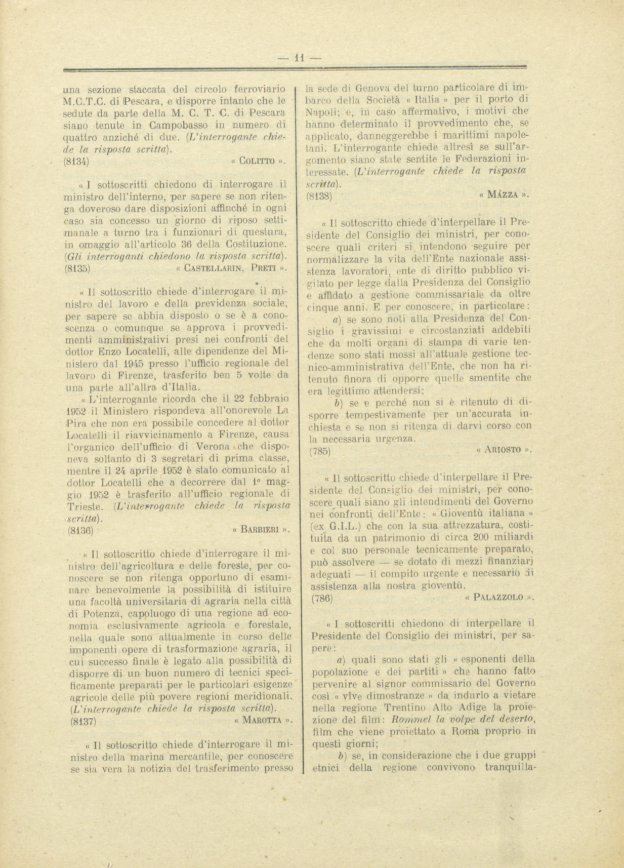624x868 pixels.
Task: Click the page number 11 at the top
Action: (300, 58)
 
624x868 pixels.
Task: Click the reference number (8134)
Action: (77, 162)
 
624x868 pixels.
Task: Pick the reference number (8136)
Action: (80, 531)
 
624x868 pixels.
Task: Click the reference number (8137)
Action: (84, 722)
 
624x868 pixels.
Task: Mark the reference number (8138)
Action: (319, 195)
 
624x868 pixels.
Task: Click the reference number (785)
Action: (319, 451)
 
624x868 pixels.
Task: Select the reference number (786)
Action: (320, 598)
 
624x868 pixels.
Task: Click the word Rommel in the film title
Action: (409, 719)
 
